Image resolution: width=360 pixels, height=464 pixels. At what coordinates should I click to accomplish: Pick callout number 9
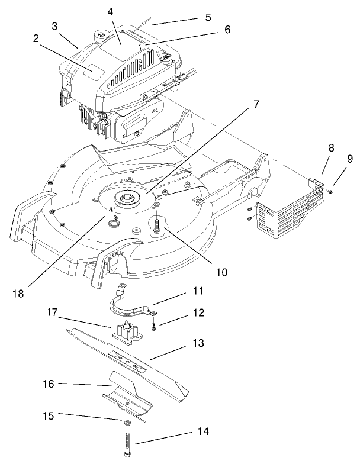349,158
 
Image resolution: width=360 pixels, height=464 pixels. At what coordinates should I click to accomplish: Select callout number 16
47,384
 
